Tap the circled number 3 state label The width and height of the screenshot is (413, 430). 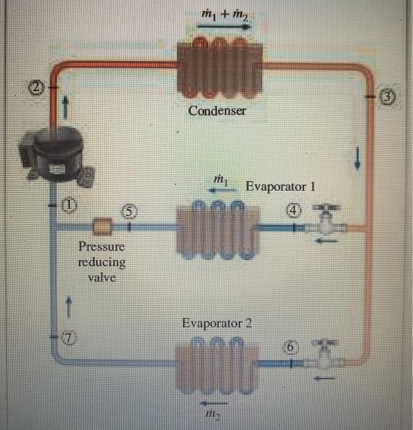point(387,96)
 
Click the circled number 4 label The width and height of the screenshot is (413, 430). point(295,210)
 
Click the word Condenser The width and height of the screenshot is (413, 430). point(217,111)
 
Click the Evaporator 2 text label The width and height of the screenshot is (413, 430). point(217,323)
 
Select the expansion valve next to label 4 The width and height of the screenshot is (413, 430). point(328,225)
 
